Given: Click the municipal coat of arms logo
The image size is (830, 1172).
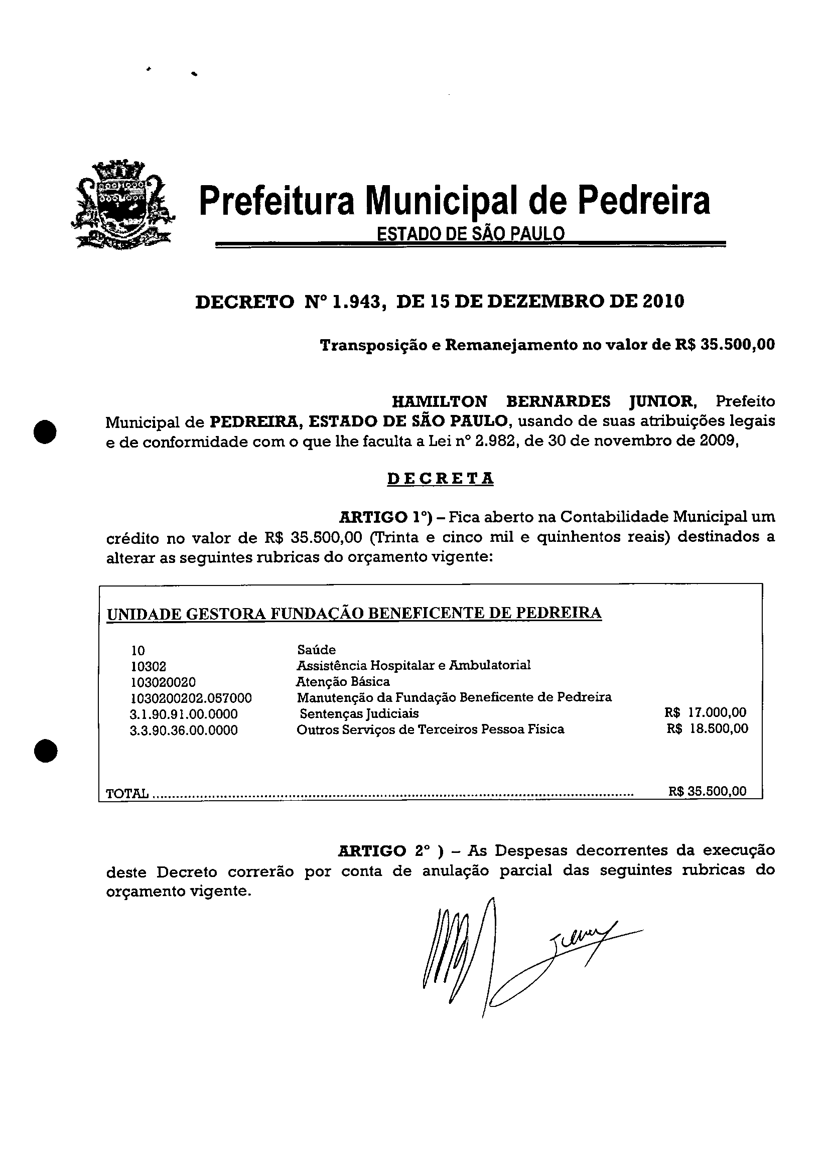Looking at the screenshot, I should [x=123, y=205].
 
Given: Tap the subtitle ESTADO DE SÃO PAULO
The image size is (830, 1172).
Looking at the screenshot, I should [x=470, y=234].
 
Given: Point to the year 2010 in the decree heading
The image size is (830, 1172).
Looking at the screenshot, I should [x=663, y=302].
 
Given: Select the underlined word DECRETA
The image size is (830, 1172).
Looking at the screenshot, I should [x=440, y=479].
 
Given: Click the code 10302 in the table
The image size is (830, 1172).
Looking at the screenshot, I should [x=148, y=667].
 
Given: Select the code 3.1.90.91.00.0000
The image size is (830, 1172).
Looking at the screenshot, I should [x=184, y=714].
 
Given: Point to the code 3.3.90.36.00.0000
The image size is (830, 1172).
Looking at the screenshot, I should [x=184, y=730].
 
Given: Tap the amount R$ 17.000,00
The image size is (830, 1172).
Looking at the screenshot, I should [x=705, y=712].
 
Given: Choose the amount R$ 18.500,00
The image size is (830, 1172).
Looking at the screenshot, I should [x=707, y=728].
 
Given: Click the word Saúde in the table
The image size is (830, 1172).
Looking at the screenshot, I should [x=316, y=650].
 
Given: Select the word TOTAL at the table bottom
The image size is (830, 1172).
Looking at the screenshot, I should [x=127, y=793].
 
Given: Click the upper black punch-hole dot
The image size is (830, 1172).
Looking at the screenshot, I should [x=45, y=431].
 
